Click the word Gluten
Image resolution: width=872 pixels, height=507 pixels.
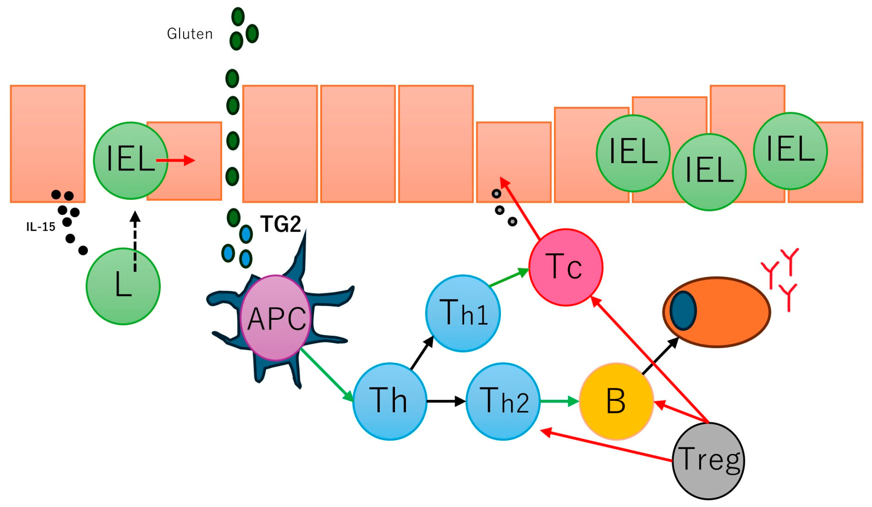(190, 34)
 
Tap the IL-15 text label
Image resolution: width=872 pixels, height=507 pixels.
(41, 227)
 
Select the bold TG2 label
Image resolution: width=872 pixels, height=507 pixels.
(280, 224)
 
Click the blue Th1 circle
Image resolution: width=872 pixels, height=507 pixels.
(463, 313)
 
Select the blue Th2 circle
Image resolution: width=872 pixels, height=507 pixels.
(503, 401)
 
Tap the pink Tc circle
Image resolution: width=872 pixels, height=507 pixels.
(566, 268)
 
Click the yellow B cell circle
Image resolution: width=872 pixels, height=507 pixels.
(616, 401)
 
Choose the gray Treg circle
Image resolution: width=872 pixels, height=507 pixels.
(708, 461)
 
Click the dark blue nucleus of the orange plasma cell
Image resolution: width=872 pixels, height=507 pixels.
(683, 311)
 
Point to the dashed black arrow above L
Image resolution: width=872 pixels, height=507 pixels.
(135, 242)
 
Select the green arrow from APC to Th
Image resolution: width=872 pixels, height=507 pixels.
(327, 375)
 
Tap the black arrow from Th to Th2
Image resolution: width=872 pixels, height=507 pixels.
(446, 401)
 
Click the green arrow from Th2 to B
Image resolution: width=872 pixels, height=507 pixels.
(559, 401)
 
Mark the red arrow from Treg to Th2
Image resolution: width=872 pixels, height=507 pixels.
(607, 446)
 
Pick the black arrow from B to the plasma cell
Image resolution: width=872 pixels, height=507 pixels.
(660, 356)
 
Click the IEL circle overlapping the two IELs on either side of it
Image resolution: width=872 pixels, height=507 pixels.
(709, 172)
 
